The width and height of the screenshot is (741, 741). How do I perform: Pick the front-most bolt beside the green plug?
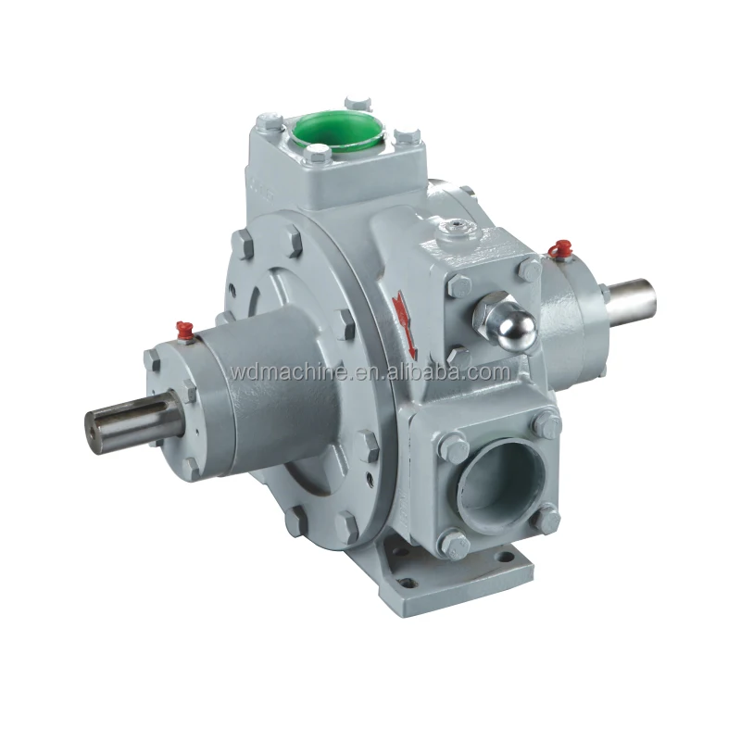coord(318,152)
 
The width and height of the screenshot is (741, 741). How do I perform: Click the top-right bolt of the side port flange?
coord(549,427)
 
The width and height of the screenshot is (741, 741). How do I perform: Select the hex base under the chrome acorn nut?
coord(487,317)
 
